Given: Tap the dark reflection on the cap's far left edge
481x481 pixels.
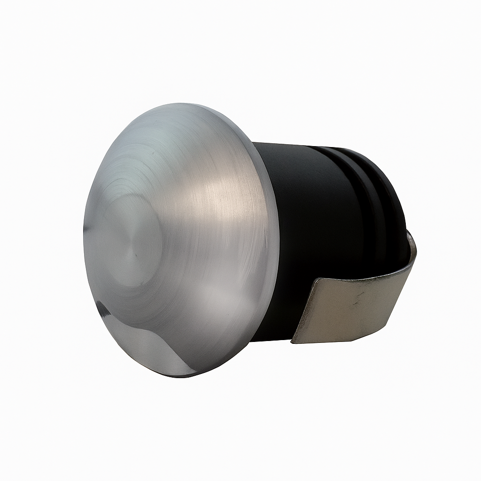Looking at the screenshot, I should [x=87, y=230].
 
